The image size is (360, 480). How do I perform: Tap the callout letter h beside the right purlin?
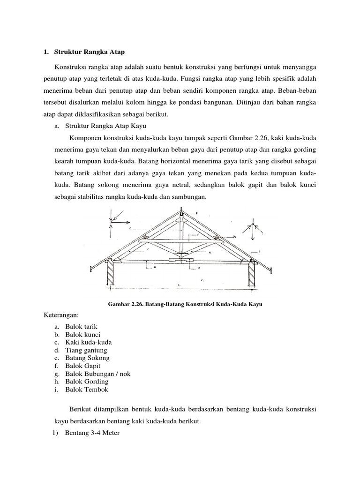tap(234, 237)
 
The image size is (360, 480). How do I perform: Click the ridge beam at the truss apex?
tap(181, 215)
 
